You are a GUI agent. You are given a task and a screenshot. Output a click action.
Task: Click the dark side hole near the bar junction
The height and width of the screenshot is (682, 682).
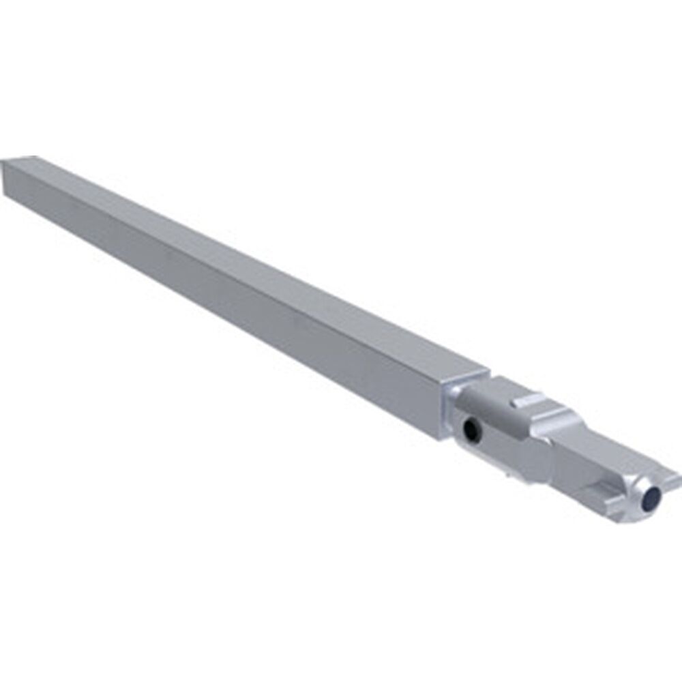pyautogui.click(x=471, y=429)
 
